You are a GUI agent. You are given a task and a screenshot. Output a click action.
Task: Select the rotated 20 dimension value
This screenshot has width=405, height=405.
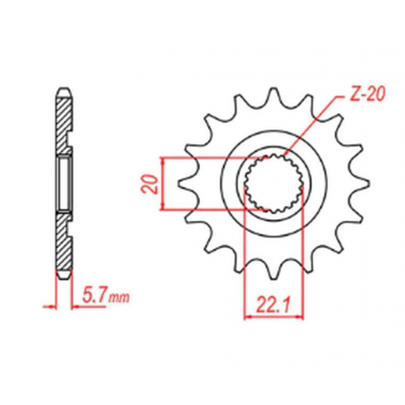pyautogui.click(x=151, y=183)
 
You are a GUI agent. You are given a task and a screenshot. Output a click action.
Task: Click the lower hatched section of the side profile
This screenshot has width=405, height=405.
pyautogui.click(x=64, y=248)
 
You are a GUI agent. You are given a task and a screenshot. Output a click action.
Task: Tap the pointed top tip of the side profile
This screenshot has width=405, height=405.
pyautogui.click(x=63, y=86)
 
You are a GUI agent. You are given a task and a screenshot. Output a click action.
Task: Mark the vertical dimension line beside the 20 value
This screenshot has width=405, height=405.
pyautogui.click(x=165, y=183)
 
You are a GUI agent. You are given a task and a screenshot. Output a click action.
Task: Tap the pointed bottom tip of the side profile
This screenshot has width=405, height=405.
pyautogui.click(x=63, y=281)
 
